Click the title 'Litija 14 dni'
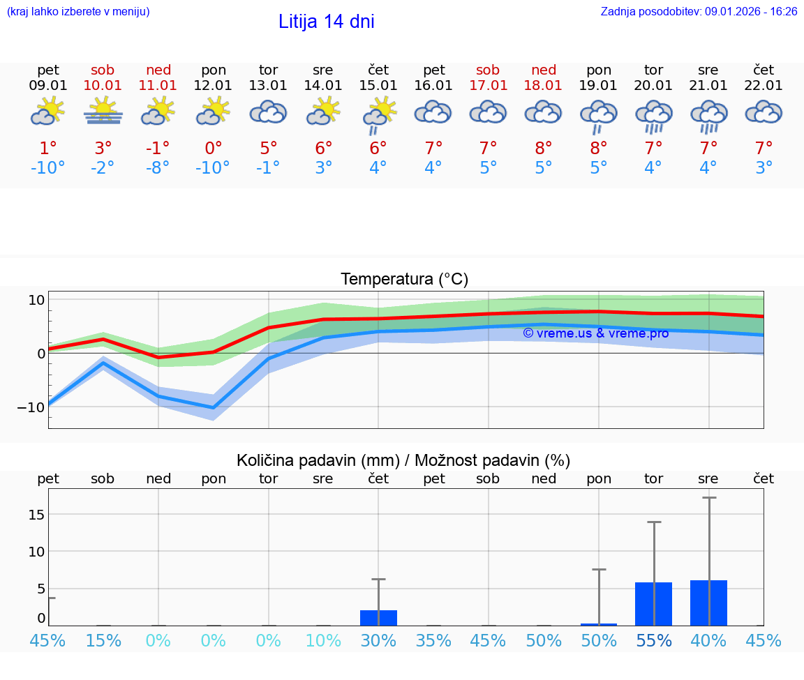click(x=326, y=22)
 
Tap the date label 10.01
click(x=103, y=86)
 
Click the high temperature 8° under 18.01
click(x=543, y=148)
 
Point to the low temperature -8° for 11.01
click(x=158, y=168)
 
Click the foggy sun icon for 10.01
click(x=103, y=112)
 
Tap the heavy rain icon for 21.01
click(x=708, y=116)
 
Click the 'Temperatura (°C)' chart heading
click(x=404, y=280)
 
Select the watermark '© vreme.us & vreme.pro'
click(x=595, y=333)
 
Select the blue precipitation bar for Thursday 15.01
click(x=378, y=618)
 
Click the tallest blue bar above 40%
click(x=708, y=603)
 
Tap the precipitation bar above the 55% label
click(x=653, y=604)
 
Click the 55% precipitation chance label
click(x=653, y=640)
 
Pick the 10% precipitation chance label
click(x=323, y=640)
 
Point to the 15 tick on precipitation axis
click(x=36, y=515)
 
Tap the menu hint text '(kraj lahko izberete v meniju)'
click(x=78, y=12)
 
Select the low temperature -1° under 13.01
click(x=268, y=168)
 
